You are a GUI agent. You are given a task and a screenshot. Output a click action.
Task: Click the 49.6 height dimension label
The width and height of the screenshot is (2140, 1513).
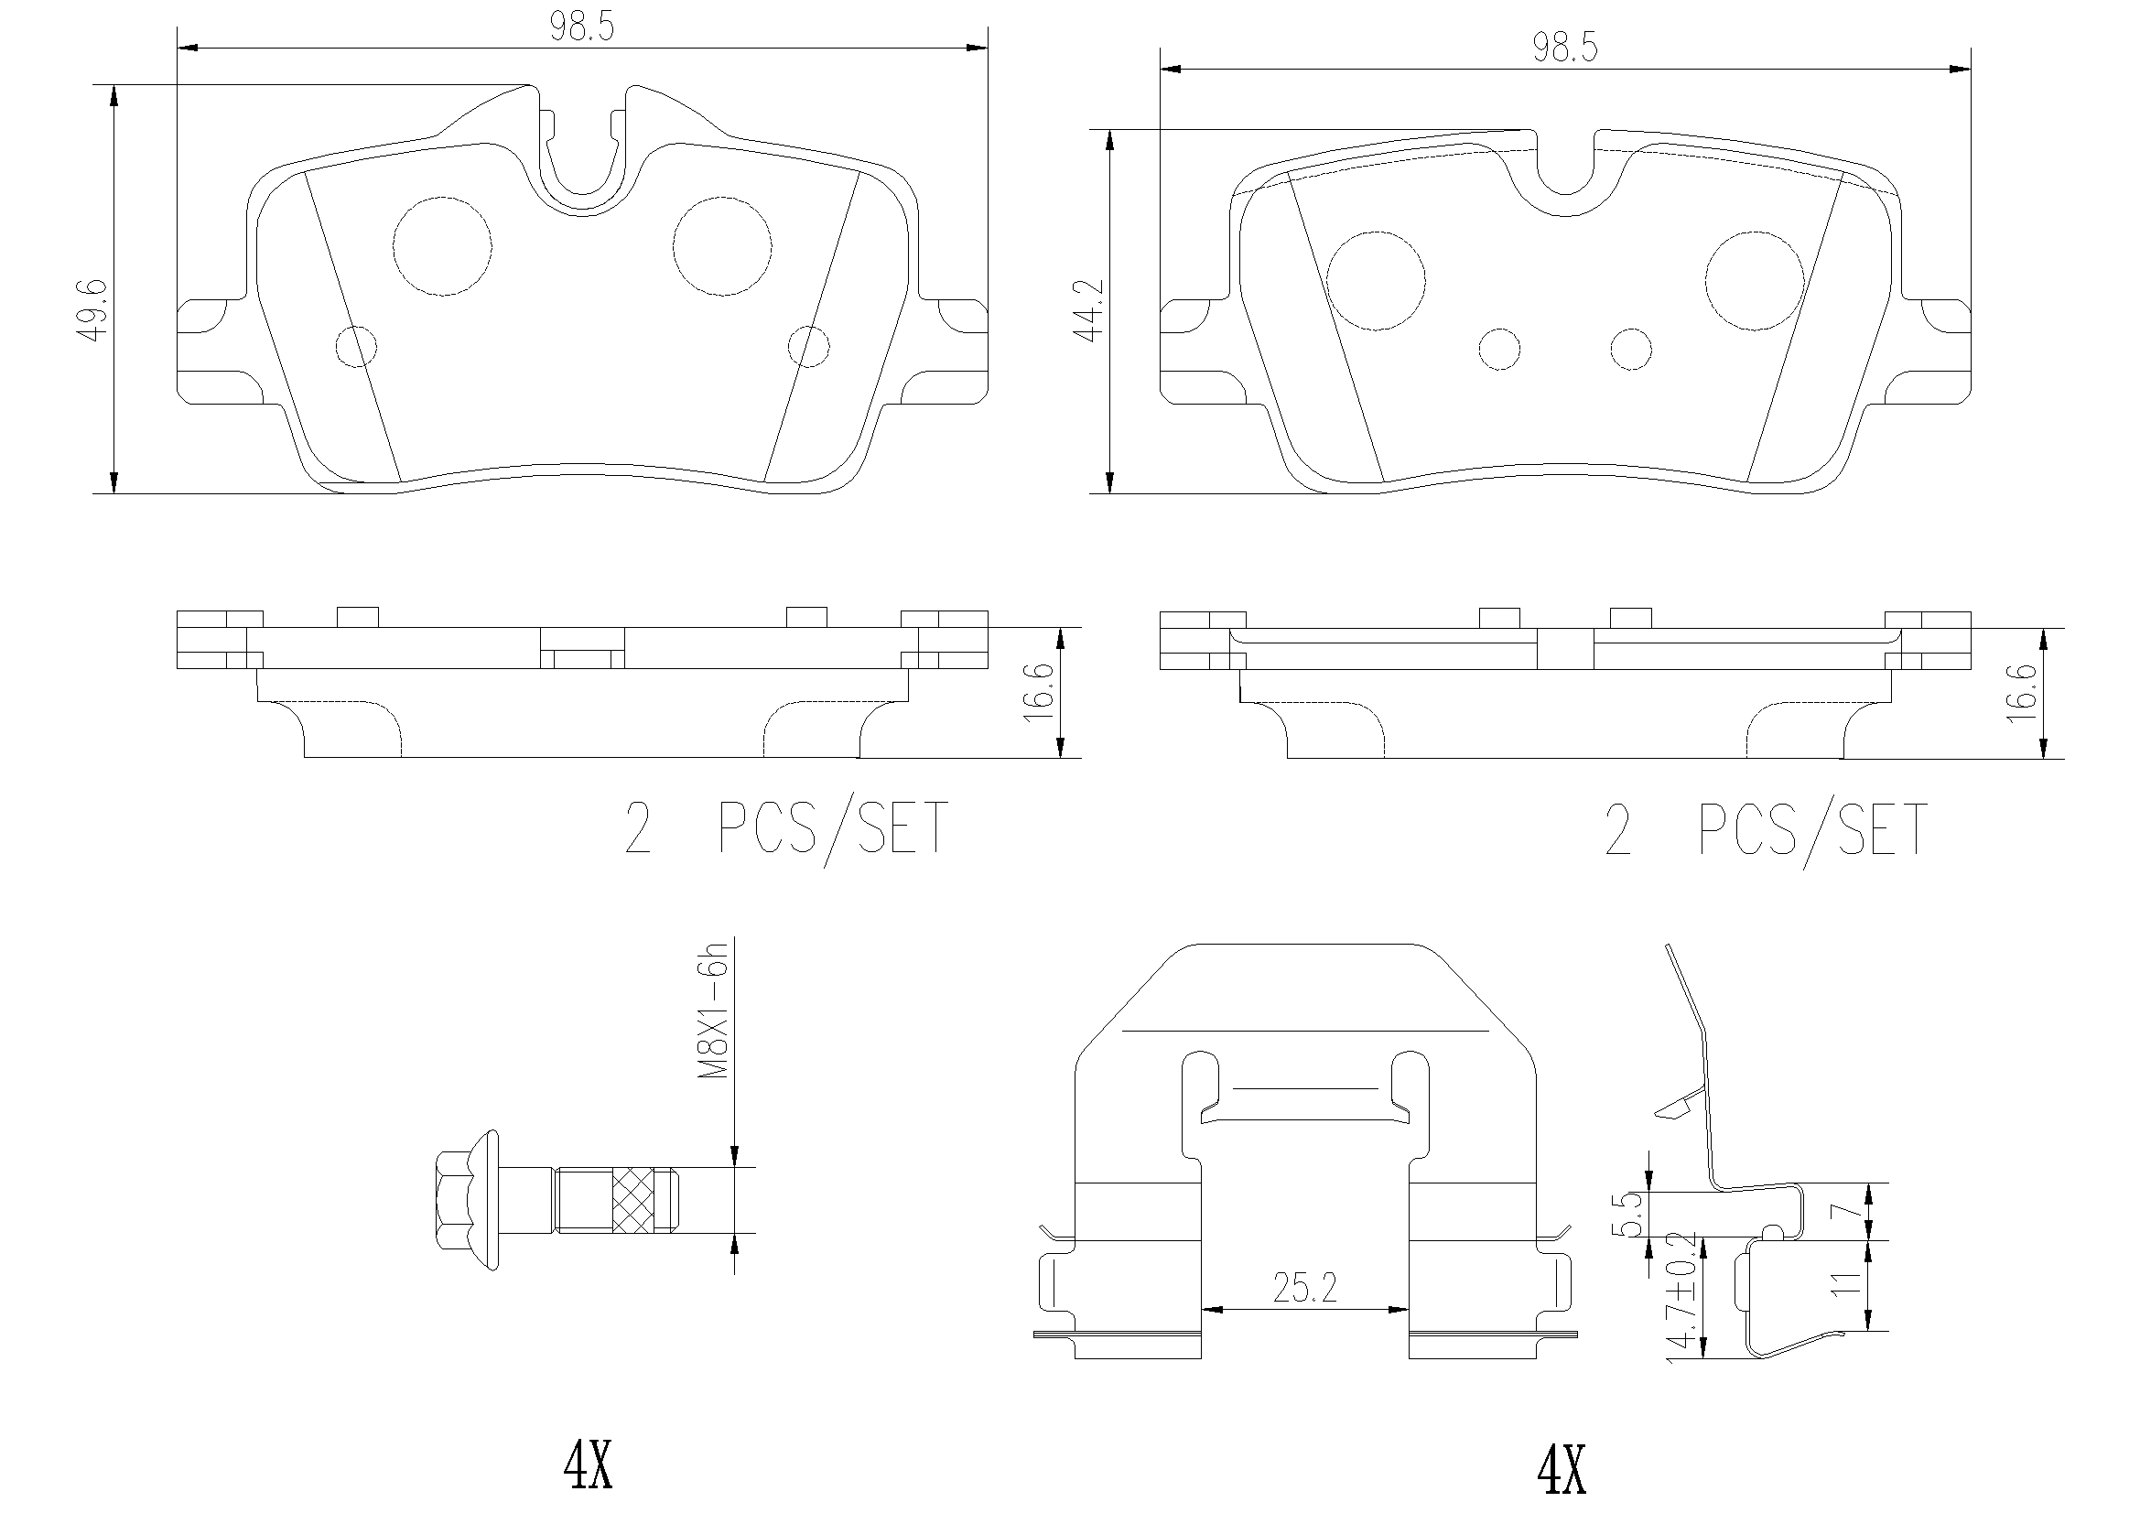(94, 308)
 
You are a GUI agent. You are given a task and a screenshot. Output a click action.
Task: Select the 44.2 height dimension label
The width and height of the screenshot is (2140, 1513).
(1088, 310)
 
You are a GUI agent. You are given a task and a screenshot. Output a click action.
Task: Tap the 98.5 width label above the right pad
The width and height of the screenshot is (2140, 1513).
(1565, 48)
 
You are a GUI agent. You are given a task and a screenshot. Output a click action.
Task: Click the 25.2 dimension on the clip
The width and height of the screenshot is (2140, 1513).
(1304, 1289)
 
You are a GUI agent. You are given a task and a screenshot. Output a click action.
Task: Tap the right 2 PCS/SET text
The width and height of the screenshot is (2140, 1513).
(1766, 829)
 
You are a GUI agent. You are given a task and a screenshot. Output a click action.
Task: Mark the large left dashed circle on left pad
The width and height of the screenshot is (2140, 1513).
(443, 246)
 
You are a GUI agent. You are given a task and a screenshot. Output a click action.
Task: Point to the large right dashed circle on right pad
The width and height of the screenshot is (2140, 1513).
(1753, 281)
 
